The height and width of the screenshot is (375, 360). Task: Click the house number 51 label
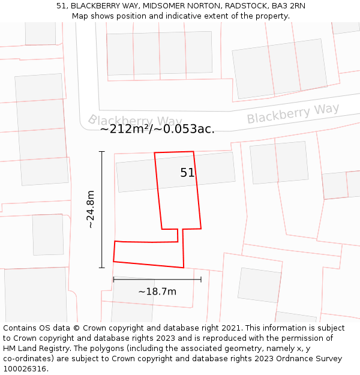click(x=187, y=173)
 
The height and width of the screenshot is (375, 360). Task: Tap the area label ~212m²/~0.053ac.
click(x=157, y=128)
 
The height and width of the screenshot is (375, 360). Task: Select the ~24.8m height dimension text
click(x=90, y=209)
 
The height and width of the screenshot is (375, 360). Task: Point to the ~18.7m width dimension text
click(x=157, y=292)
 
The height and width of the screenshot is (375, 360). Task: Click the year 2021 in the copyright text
click(x=230, y=328)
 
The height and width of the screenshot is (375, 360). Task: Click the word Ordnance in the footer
click(x=289, y=359)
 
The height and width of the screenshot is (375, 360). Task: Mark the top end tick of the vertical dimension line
click(x=102, y=152)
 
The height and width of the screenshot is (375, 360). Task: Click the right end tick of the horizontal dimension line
click(x=201, y=279)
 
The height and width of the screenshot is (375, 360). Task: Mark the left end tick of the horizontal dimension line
click(x=113, y=279)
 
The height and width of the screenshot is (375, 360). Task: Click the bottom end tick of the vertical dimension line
click(x=102, y=267)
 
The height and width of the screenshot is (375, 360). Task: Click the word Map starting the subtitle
click(x=81, y=16)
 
